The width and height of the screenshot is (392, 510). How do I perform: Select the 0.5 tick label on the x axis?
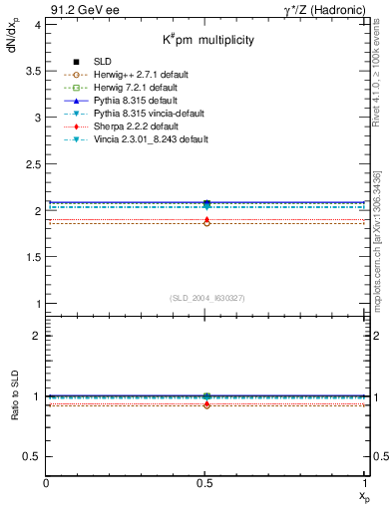point(206,483)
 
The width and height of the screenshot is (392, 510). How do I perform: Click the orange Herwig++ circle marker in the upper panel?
point(206,223)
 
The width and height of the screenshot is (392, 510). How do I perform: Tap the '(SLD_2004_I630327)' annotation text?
point(205,298)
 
